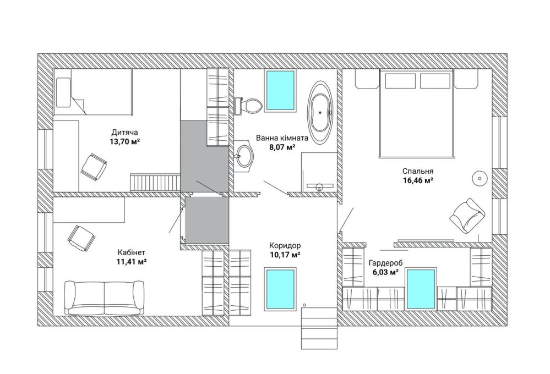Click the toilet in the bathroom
pos(248,105)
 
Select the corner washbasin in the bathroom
pos(244,155)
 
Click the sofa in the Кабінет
pos(104,298)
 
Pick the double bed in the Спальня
pos(417,112)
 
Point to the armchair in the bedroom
pos(467,215)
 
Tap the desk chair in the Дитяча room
pos(94,167)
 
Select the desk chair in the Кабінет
pos(81,238)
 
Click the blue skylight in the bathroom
pos(280,90)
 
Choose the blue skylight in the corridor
pos(280,289)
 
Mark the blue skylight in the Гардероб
pos(422,289)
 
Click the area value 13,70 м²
pos(125,141)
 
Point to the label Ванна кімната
pos(282,137)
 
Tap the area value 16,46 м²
pos(418,180)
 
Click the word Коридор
pos(285,245)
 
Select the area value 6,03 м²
pos(385,272)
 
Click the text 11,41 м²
pos(132,261)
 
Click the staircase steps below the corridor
pos(319,328)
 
